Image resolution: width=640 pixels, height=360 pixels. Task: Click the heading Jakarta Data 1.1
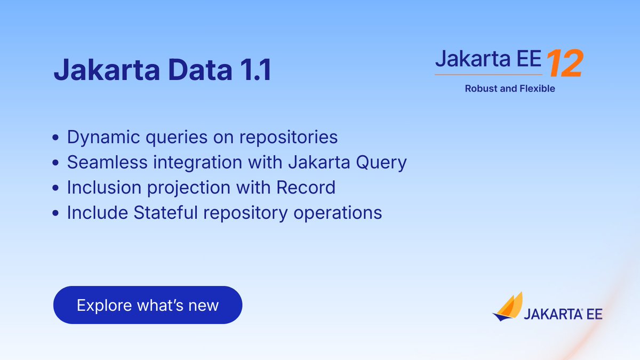[162, 70]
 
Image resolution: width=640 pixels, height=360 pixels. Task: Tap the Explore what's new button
[148, 305]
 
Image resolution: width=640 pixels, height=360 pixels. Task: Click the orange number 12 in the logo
[564, 63]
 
